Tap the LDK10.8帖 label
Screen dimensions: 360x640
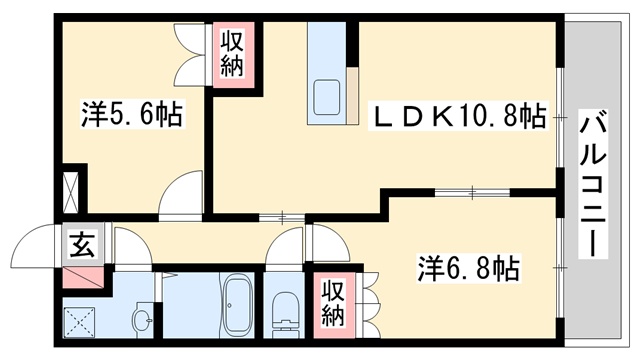pyautogui.click(x=461, y=117)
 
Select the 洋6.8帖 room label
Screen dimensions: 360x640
pyautogui.click(x=467, y=268)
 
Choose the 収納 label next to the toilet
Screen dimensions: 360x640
pyautogui.click(x=334, y=302)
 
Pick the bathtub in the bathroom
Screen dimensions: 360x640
pyautogui.click(x=237, y=304)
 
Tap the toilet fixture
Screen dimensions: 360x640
pyautogui.click(x=283, y=309)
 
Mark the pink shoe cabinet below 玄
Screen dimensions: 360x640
pyautogui.click(x=81, y=274)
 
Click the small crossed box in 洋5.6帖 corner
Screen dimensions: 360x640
pyautogui.click(x=72, y=189)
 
